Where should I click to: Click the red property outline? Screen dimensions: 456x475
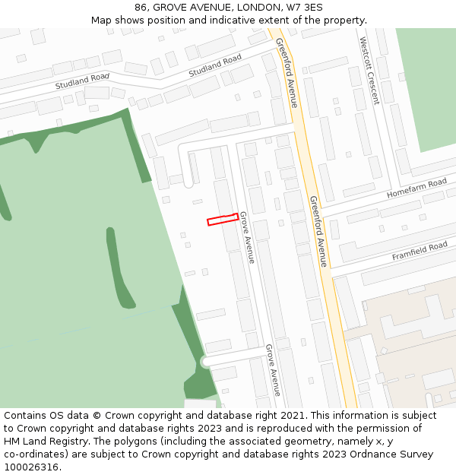[x=222, y=220]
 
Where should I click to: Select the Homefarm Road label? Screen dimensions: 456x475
[x=416, y=188]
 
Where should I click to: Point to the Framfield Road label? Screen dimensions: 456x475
[x=420, y=252]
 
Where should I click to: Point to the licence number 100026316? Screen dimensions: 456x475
[x=33, y=467]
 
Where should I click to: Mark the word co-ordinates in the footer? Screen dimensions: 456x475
[x=36, y=454]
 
